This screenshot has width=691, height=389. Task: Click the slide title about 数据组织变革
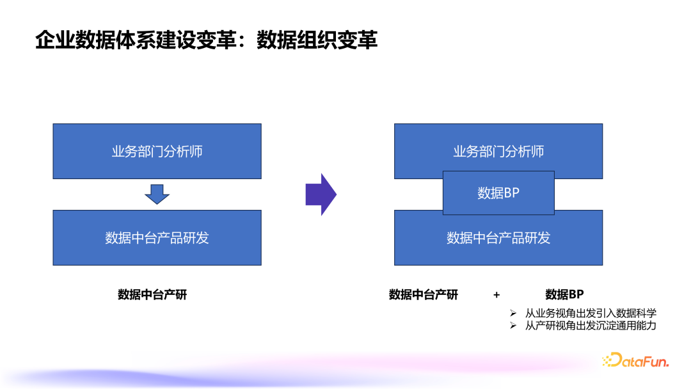pyautogui.click(x=206, y=40)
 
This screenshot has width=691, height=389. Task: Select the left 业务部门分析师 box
pyautogui.click(x=157, y=151)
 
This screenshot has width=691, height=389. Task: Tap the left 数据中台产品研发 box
pyautogui.click(x=157, y=237)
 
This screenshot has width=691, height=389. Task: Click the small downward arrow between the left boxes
pyautogui.click(x=157, y=193)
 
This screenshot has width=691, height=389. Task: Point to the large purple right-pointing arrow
pyautogui.click(x=321, y=194)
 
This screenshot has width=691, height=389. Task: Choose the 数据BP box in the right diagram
pyautogui.click(x=498, y=193)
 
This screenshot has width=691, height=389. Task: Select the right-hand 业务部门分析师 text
pyautogui.click(x=498, y=151)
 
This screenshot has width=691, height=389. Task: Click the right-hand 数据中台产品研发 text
pyautogui.click(x=498, y=239)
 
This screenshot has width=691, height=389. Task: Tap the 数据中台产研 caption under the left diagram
pyautogui.click(x=152, y=294)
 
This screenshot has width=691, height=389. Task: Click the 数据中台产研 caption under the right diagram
pyautogui.click(x=424, y=294)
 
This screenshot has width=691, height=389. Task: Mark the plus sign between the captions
pyautogui.click(x=496, y=295)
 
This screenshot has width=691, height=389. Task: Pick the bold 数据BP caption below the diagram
pyautogui.click(x=564, y=294)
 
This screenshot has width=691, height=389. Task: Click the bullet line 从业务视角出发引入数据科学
pyautogui.click(x=591, y=314)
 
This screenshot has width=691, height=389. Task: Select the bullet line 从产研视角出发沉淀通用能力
pyautogui.click(x=591, y=326)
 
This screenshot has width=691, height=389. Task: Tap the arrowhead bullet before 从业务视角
pyautogui.click(x=513, y=314)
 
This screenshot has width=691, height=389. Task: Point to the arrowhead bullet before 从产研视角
pyautogui.click(x=513, y=326)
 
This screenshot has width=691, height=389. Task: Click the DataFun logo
pyautogui.click(x=635, y=361)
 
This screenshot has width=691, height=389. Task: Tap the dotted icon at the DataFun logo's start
pyautogui.click(x=607, y=361)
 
